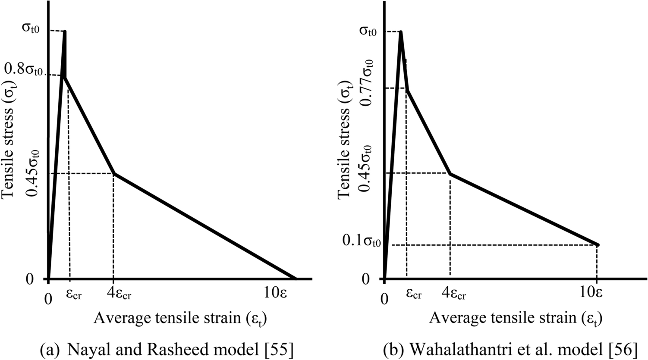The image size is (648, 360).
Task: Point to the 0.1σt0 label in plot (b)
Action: (x=362, y=241)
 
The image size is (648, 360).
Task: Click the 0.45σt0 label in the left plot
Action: (x=32, y=172)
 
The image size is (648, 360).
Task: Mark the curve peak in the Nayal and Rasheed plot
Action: (x=65, y=31)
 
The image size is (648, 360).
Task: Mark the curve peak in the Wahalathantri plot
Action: (x=401, y=32)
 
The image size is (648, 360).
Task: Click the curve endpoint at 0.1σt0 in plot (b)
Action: (x=598, y=244)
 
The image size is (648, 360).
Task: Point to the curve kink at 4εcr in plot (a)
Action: (x=113, y=174)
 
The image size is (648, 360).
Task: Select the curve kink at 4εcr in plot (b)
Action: (x=450, y=174)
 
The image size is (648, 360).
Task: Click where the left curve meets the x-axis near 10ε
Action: (x=296, y=279)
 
